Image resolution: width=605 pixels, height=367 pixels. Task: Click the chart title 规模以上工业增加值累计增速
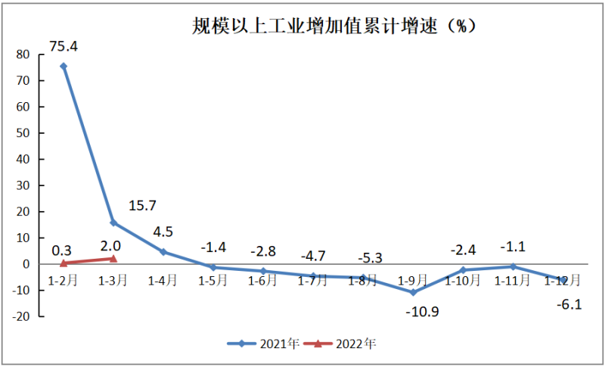333,26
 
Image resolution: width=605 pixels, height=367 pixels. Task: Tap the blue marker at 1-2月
64,66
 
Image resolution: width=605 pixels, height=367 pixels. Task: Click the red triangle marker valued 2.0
113,259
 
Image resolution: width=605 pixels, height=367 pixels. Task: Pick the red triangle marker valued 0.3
64,263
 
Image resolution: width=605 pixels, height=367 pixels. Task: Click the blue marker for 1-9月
413,292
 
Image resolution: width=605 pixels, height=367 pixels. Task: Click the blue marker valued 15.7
113,222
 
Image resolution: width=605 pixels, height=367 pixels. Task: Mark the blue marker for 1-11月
513,266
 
